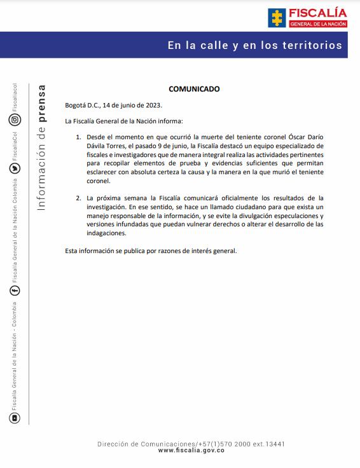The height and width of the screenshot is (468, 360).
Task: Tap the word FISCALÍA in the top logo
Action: coord(317,12)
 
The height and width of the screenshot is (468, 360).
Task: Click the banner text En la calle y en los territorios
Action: coord(254,45)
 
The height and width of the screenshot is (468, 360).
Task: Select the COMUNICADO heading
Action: coord(194,89)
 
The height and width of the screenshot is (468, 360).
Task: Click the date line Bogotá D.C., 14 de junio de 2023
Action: coord(113,105)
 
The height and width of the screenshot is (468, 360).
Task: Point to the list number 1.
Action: coord(78,137)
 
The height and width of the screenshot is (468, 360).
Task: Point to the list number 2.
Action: coord(78,198)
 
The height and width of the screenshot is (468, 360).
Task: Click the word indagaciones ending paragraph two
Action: coord(107,233)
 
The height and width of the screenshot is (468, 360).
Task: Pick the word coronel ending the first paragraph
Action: coord(98,181)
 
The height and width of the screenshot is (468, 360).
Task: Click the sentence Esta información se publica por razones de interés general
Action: coord(151,251)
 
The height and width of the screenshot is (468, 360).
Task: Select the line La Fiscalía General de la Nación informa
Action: coord(123,121)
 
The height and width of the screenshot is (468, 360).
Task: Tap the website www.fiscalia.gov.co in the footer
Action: coord(191,450)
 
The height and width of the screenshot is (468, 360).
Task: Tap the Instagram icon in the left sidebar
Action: coord(15,120)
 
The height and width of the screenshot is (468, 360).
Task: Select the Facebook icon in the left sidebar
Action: coord(15,290)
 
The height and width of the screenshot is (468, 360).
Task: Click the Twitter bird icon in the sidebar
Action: coord(15,169)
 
